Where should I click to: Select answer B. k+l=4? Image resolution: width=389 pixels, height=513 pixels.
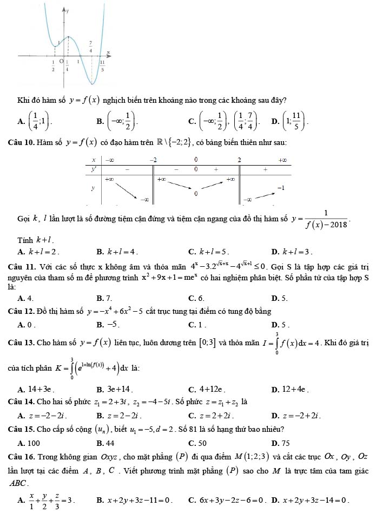[116, 251]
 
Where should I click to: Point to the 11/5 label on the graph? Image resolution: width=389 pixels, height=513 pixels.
[102, 65]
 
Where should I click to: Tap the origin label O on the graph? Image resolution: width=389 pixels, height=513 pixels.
[62, 62]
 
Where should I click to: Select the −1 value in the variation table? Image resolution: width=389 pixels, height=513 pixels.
[281, 186]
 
